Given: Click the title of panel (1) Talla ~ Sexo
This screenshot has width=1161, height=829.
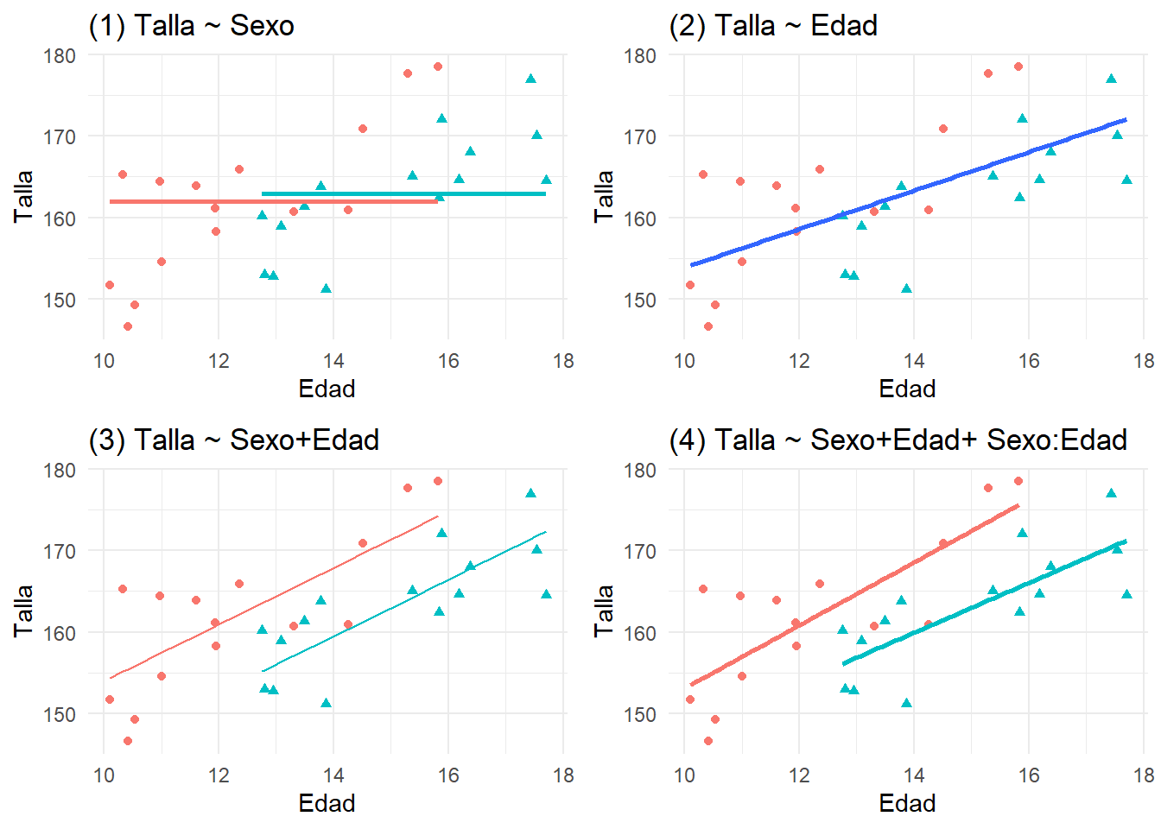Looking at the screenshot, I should click(x=191, y=26).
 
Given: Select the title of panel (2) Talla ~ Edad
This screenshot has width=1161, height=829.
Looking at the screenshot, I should click(x=772, y=26).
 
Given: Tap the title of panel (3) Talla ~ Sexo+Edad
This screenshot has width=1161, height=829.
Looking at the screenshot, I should click(x=233, y=440).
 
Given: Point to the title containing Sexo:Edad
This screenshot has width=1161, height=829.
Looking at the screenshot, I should click(x=898, y=440).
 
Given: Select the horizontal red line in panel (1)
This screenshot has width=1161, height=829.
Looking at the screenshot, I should click(x=259, y=201).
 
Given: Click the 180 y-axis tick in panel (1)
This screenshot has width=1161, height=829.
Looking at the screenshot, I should click(x=60, y=56).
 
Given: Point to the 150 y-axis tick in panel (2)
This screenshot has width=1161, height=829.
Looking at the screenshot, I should click(x=640, y=301).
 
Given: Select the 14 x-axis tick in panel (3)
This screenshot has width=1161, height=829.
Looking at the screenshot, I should click(x=333, y=775).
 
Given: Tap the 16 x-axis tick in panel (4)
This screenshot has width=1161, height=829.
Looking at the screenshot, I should click(x=1029, y=775).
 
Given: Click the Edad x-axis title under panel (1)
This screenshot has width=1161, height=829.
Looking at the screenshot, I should click(x=327, y=389).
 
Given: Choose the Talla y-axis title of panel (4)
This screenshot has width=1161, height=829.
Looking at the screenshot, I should click(x=604, y=611).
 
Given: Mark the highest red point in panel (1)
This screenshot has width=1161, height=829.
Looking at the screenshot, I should click(x=438, y=66).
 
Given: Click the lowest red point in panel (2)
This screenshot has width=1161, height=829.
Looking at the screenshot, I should click(x=708, y=326).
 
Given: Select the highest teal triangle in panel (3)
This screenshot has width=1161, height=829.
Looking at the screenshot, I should click(x=531, y=493).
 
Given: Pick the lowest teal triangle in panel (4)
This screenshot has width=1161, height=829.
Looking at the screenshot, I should click(x=906, y=703).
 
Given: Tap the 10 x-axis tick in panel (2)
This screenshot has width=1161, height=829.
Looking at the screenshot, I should click(x=684, y=361).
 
